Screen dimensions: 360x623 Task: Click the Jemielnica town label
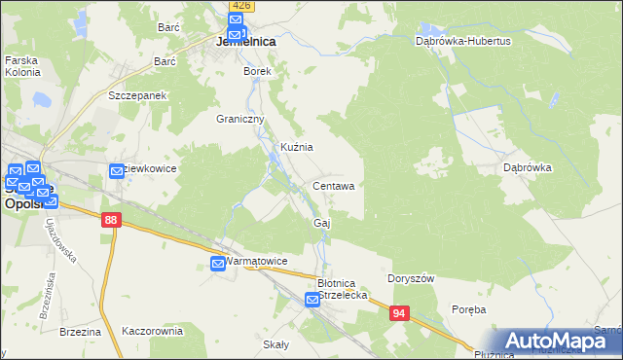[244, 43]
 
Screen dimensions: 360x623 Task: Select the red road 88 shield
[110, 222]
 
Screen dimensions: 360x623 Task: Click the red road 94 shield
[400, 313]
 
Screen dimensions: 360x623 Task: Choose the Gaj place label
[322, 223]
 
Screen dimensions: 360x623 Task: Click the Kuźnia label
[296, 147]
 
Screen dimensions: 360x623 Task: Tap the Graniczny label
[240, 119]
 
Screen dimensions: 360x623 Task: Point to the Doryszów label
[410, 277]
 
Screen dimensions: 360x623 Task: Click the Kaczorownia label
[152, 331]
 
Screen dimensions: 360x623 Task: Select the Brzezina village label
[80, 331]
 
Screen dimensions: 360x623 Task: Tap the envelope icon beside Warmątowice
[218, 263]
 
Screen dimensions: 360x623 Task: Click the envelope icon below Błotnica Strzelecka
[312, 302]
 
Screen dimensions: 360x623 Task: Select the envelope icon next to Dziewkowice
[118, 170]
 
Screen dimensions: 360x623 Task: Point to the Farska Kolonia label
[21, 66]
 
